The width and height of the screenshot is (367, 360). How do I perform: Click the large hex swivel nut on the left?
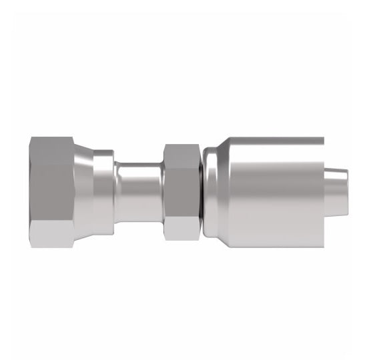pyautogui.click(x=52, y=188)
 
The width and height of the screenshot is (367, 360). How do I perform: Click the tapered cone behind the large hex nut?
pyautogui.click(x=83, y=188)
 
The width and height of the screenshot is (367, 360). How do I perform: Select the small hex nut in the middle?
pyautogui.click(x=179, y=190)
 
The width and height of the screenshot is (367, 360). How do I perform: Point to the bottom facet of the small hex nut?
pyautogui.click(x=179, y=227)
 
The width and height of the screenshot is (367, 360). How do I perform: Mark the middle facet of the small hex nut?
pyautogui.click(x=179, y=190)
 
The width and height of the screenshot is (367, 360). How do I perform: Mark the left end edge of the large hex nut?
pyautogui.click(x=30, y=188)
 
